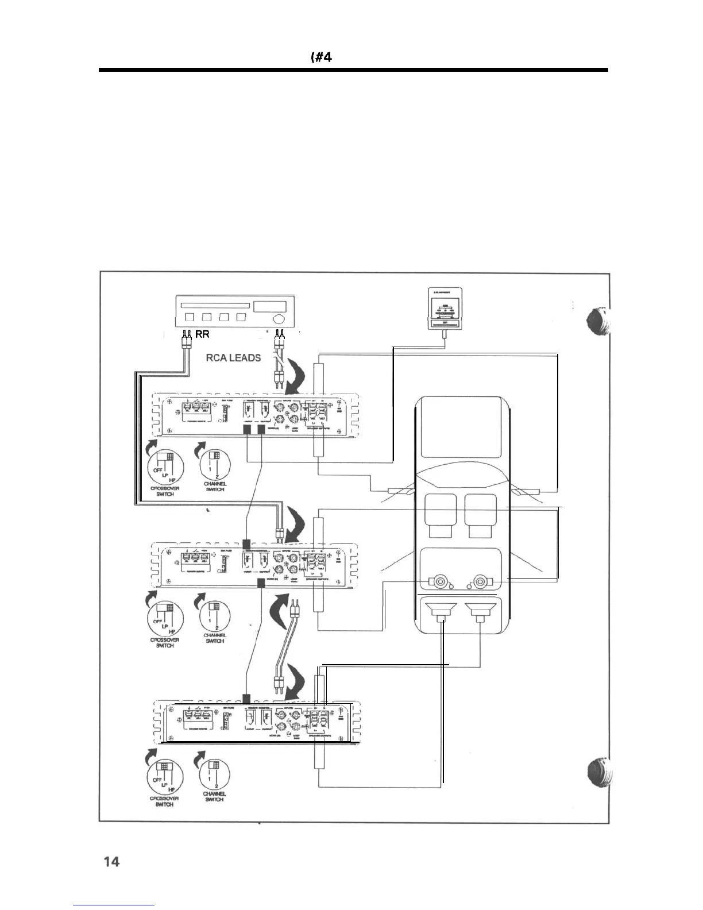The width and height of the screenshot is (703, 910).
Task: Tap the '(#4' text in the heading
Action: point(321,57)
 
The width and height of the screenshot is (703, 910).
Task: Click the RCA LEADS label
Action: point(233,357)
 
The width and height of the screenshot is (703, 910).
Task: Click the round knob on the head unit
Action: point(278,318)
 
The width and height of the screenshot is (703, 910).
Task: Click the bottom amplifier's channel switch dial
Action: point(214,777)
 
